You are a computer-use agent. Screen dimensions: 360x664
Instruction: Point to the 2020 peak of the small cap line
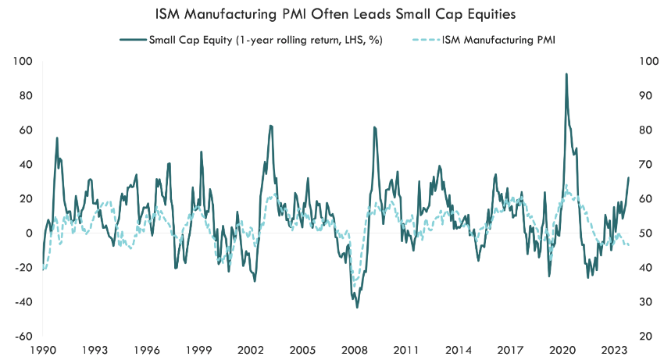566,74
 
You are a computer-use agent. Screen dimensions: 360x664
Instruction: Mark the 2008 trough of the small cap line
357,307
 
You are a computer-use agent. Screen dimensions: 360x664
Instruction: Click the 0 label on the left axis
30,233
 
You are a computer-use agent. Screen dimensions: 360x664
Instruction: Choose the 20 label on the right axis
645,336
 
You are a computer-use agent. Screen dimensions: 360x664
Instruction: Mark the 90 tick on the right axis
645,96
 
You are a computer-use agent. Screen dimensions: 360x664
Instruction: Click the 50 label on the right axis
645,233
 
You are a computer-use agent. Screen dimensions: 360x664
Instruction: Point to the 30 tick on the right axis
645,301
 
